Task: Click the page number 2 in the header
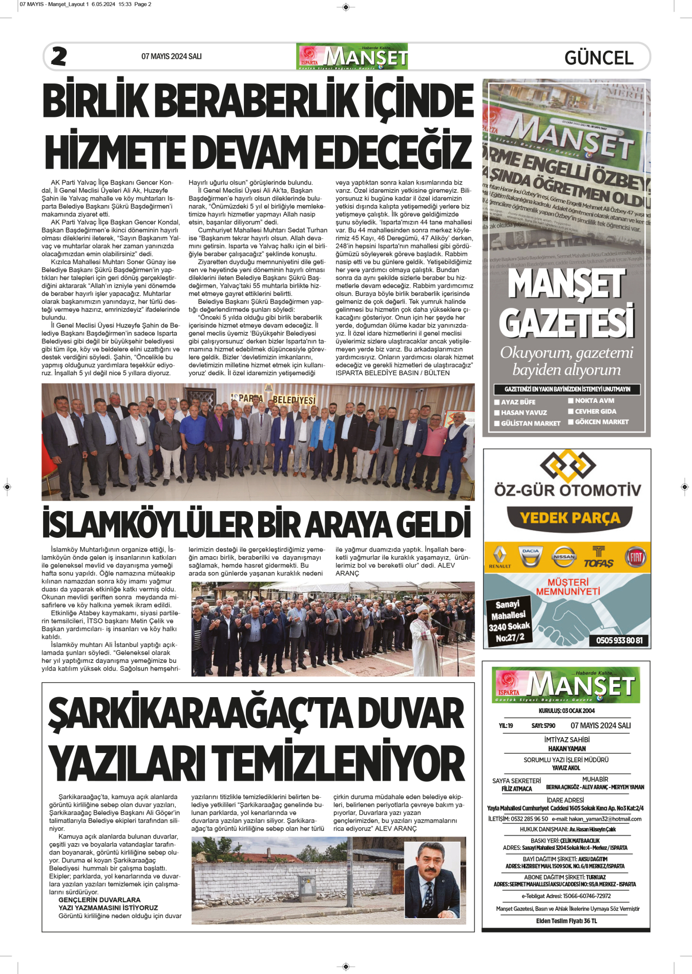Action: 59,56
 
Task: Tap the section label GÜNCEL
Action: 599,57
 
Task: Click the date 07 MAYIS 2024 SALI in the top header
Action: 171,56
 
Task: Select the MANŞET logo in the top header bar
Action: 352,56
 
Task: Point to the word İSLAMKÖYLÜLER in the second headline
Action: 147,524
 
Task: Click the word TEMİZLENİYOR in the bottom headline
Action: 338,763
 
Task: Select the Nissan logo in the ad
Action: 564,557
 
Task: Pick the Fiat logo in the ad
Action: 635,557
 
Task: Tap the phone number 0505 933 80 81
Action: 619,640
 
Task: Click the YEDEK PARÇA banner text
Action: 570,518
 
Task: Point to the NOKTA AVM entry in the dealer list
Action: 594,401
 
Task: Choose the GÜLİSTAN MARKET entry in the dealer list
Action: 530,423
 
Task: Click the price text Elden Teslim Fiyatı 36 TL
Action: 567,921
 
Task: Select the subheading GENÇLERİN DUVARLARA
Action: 99,900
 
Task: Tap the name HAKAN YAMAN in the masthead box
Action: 567,748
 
